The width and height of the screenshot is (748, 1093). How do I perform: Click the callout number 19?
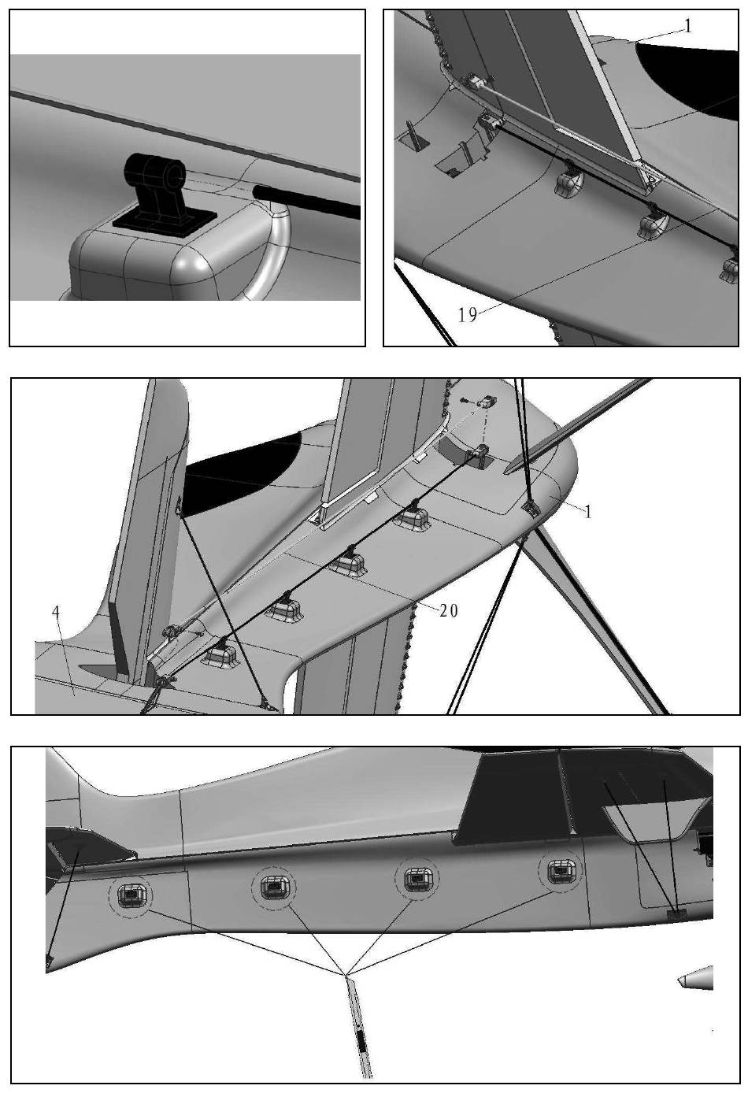[468, 315]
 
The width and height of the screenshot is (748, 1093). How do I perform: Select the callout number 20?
[449, 611]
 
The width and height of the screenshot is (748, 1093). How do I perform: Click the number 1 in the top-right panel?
[687, 26]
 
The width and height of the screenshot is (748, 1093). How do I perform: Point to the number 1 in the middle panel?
[588, 511]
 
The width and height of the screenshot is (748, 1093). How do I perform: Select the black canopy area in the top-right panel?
[694, 79]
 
